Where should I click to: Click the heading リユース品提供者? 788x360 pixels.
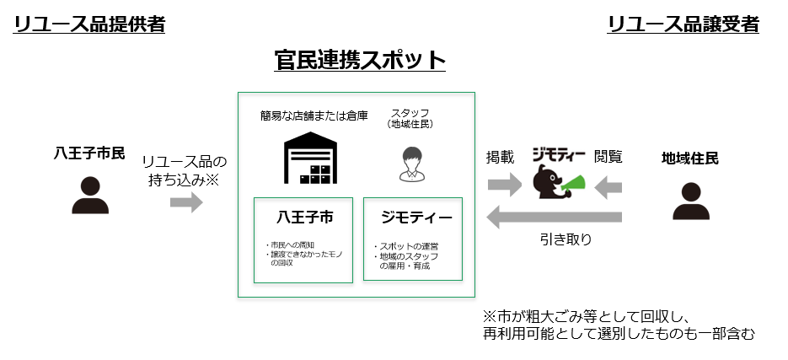click(88, 25)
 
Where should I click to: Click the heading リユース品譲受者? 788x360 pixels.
click(683, 25)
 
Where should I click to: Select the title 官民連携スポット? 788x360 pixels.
click(360, 60)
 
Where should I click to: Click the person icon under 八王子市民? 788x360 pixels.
click(89, 195)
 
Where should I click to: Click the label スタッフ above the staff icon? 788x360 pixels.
click(410, 113)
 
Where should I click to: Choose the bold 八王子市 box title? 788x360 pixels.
click(303, 218)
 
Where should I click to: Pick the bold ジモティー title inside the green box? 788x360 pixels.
click(413, 218)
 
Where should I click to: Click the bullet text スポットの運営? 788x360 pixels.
click(405, 246)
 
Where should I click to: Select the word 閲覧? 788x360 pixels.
click(608, 157)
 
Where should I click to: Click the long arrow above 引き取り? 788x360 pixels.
click(555, 218)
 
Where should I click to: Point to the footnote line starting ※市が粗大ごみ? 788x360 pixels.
click(587, 317)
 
